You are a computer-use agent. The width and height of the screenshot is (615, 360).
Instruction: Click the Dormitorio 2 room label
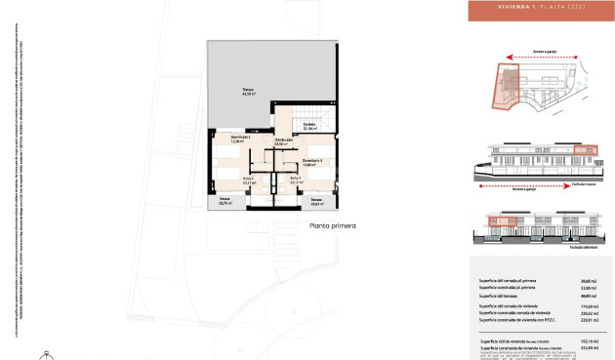241,139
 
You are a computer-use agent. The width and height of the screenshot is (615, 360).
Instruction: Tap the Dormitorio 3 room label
311,161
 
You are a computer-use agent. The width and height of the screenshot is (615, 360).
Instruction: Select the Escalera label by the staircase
309,126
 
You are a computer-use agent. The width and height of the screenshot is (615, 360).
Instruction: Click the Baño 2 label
248,180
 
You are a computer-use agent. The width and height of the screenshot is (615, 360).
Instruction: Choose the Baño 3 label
295,180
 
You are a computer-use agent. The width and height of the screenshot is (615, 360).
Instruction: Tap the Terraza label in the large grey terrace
250,92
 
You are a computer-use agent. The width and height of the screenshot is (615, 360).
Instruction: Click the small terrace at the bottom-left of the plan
225,203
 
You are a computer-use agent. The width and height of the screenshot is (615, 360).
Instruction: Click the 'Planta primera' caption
332,226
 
